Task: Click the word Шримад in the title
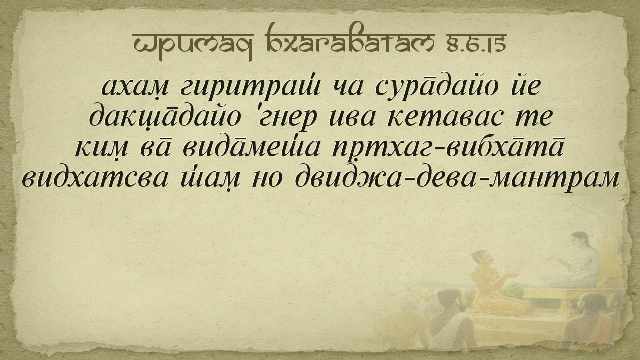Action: [x=192, y=45]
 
